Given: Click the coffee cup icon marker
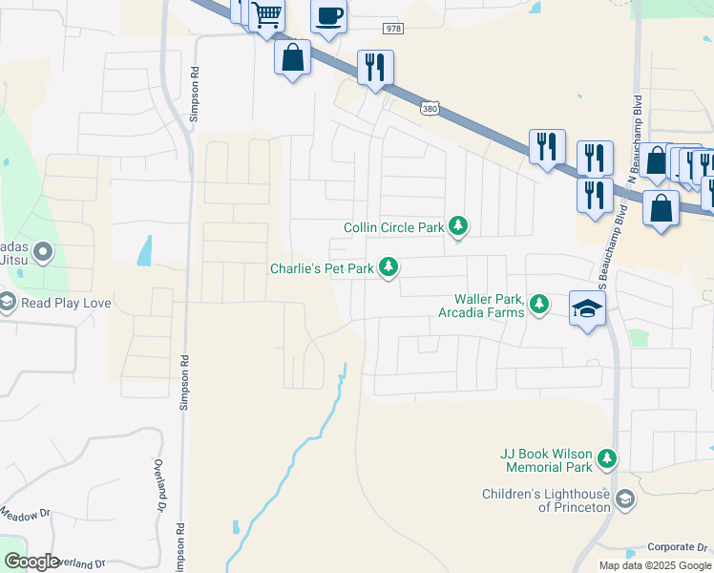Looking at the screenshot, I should (x=328, y=16).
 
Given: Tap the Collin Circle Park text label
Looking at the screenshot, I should (x=394, y=227).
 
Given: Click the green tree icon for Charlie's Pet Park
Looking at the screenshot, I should (x=388, y=268).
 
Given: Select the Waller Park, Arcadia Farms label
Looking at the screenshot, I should (x=481, y=305).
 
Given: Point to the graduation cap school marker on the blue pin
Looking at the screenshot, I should (x=588, y=308).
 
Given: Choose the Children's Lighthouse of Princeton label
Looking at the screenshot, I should (x=546, y=500).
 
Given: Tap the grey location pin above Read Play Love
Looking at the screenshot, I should (x=42, y=253).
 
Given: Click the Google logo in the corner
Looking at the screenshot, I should (x=31, y=561).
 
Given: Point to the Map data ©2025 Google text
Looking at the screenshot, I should (x=654, y=565).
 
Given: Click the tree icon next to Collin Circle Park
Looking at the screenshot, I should (x=459, y=226).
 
